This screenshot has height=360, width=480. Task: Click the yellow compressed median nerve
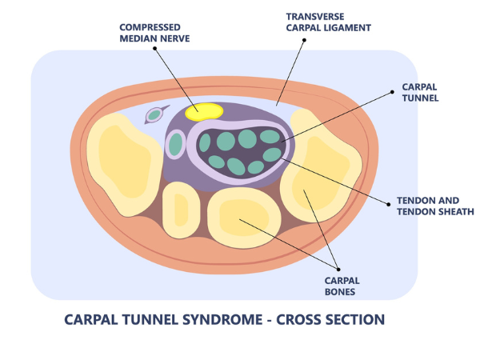point(204,111)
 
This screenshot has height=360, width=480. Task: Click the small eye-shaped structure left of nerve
point(154,117)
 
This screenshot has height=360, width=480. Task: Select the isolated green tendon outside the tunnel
point(175,145)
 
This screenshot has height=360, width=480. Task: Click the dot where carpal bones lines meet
point(340,269)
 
